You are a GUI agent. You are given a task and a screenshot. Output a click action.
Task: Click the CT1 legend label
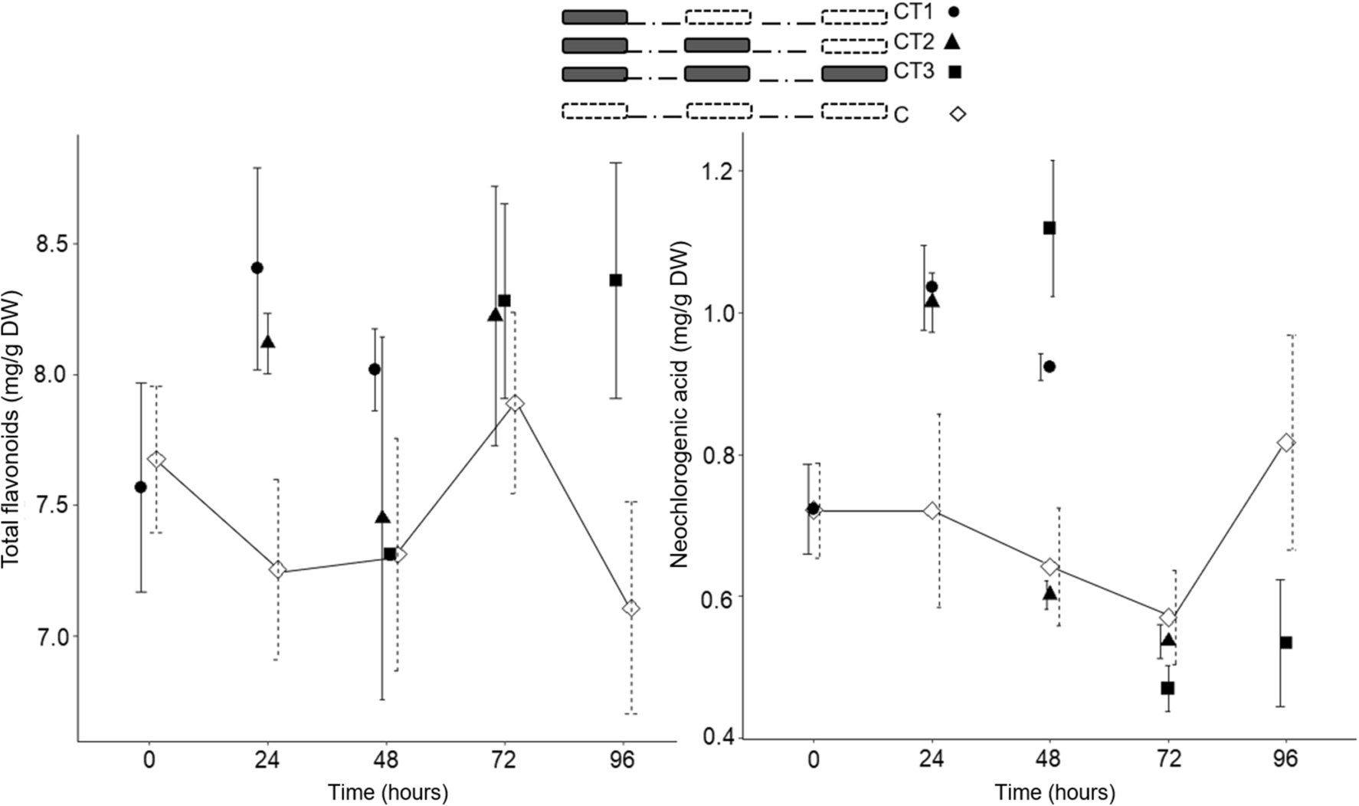(x=913, y=11)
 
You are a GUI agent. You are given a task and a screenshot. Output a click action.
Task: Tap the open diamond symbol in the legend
(x=958, y=113)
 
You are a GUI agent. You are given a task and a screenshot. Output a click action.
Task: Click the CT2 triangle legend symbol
(x=953, y=42)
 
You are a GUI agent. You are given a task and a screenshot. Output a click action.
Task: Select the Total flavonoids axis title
(x=11, y=429)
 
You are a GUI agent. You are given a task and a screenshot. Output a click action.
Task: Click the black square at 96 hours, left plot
(x=616, y=280)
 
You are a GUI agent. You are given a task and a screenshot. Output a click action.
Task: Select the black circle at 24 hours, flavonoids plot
(x=257, y=267)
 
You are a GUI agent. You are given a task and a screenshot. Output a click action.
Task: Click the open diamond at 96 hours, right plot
(x=1286, y=442)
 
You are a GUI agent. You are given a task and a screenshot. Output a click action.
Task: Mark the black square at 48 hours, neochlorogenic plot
(x=1050, y=228)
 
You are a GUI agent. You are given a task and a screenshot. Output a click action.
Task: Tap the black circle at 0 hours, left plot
(x=140, y=487)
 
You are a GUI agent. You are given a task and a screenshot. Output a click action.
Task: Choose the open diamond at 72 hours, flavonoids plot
(x=515, y=403)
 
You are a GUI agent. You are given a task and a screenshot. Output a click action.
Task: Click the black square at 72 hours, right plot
(x=1167, y=688)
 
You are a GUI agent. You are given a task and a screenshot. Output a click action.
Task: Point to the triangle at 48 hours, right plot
(x=1050, y=593)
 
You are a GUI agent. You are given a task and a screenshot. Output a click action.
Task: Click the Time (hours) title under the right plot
(x=1054, y=791)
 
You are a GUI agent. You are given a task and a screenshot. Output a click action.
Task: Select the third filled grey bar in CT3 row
(x=854, y=74)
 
